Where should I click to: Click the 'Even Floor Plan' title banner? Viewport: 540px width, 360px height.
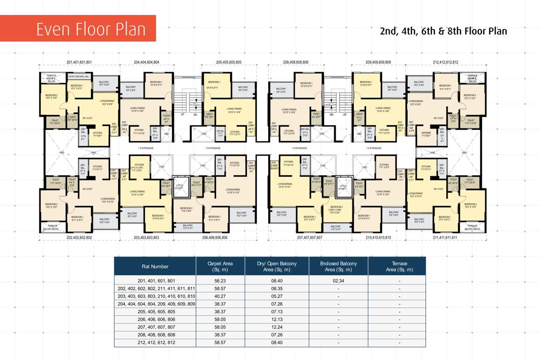78,29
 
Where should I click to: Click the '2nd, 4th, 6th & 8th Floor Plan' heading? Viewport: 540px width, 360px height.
443,31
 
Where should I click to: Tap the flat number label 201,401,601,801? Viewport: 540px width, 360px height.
79,62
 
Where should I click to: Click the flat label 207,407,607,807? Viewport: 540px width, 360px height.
310,238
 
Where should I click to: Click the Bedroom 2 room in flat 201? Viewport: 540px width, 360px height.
51,97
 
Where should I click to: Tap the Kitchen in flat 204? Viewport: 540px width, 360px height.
139,133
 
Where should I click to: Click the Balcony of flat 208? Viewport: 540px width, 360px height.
281,90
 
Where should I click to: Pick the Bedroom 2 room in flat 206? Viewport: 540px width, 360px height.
186,210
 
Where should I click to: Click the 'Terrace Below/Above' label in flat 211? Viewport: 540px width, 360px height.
472,227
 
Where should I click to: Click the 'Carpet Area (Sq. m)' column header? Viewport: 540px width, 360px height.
220,266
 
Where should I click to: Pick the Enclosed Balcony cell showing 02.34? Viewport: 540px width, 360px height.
338,281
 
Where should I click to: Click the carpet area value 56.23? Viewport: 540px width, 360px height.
220,281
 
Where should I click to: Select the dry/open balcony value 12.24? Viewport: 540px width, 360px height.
277,327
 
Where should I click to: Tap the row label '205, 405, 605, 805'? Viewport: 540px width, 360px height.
155,312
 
